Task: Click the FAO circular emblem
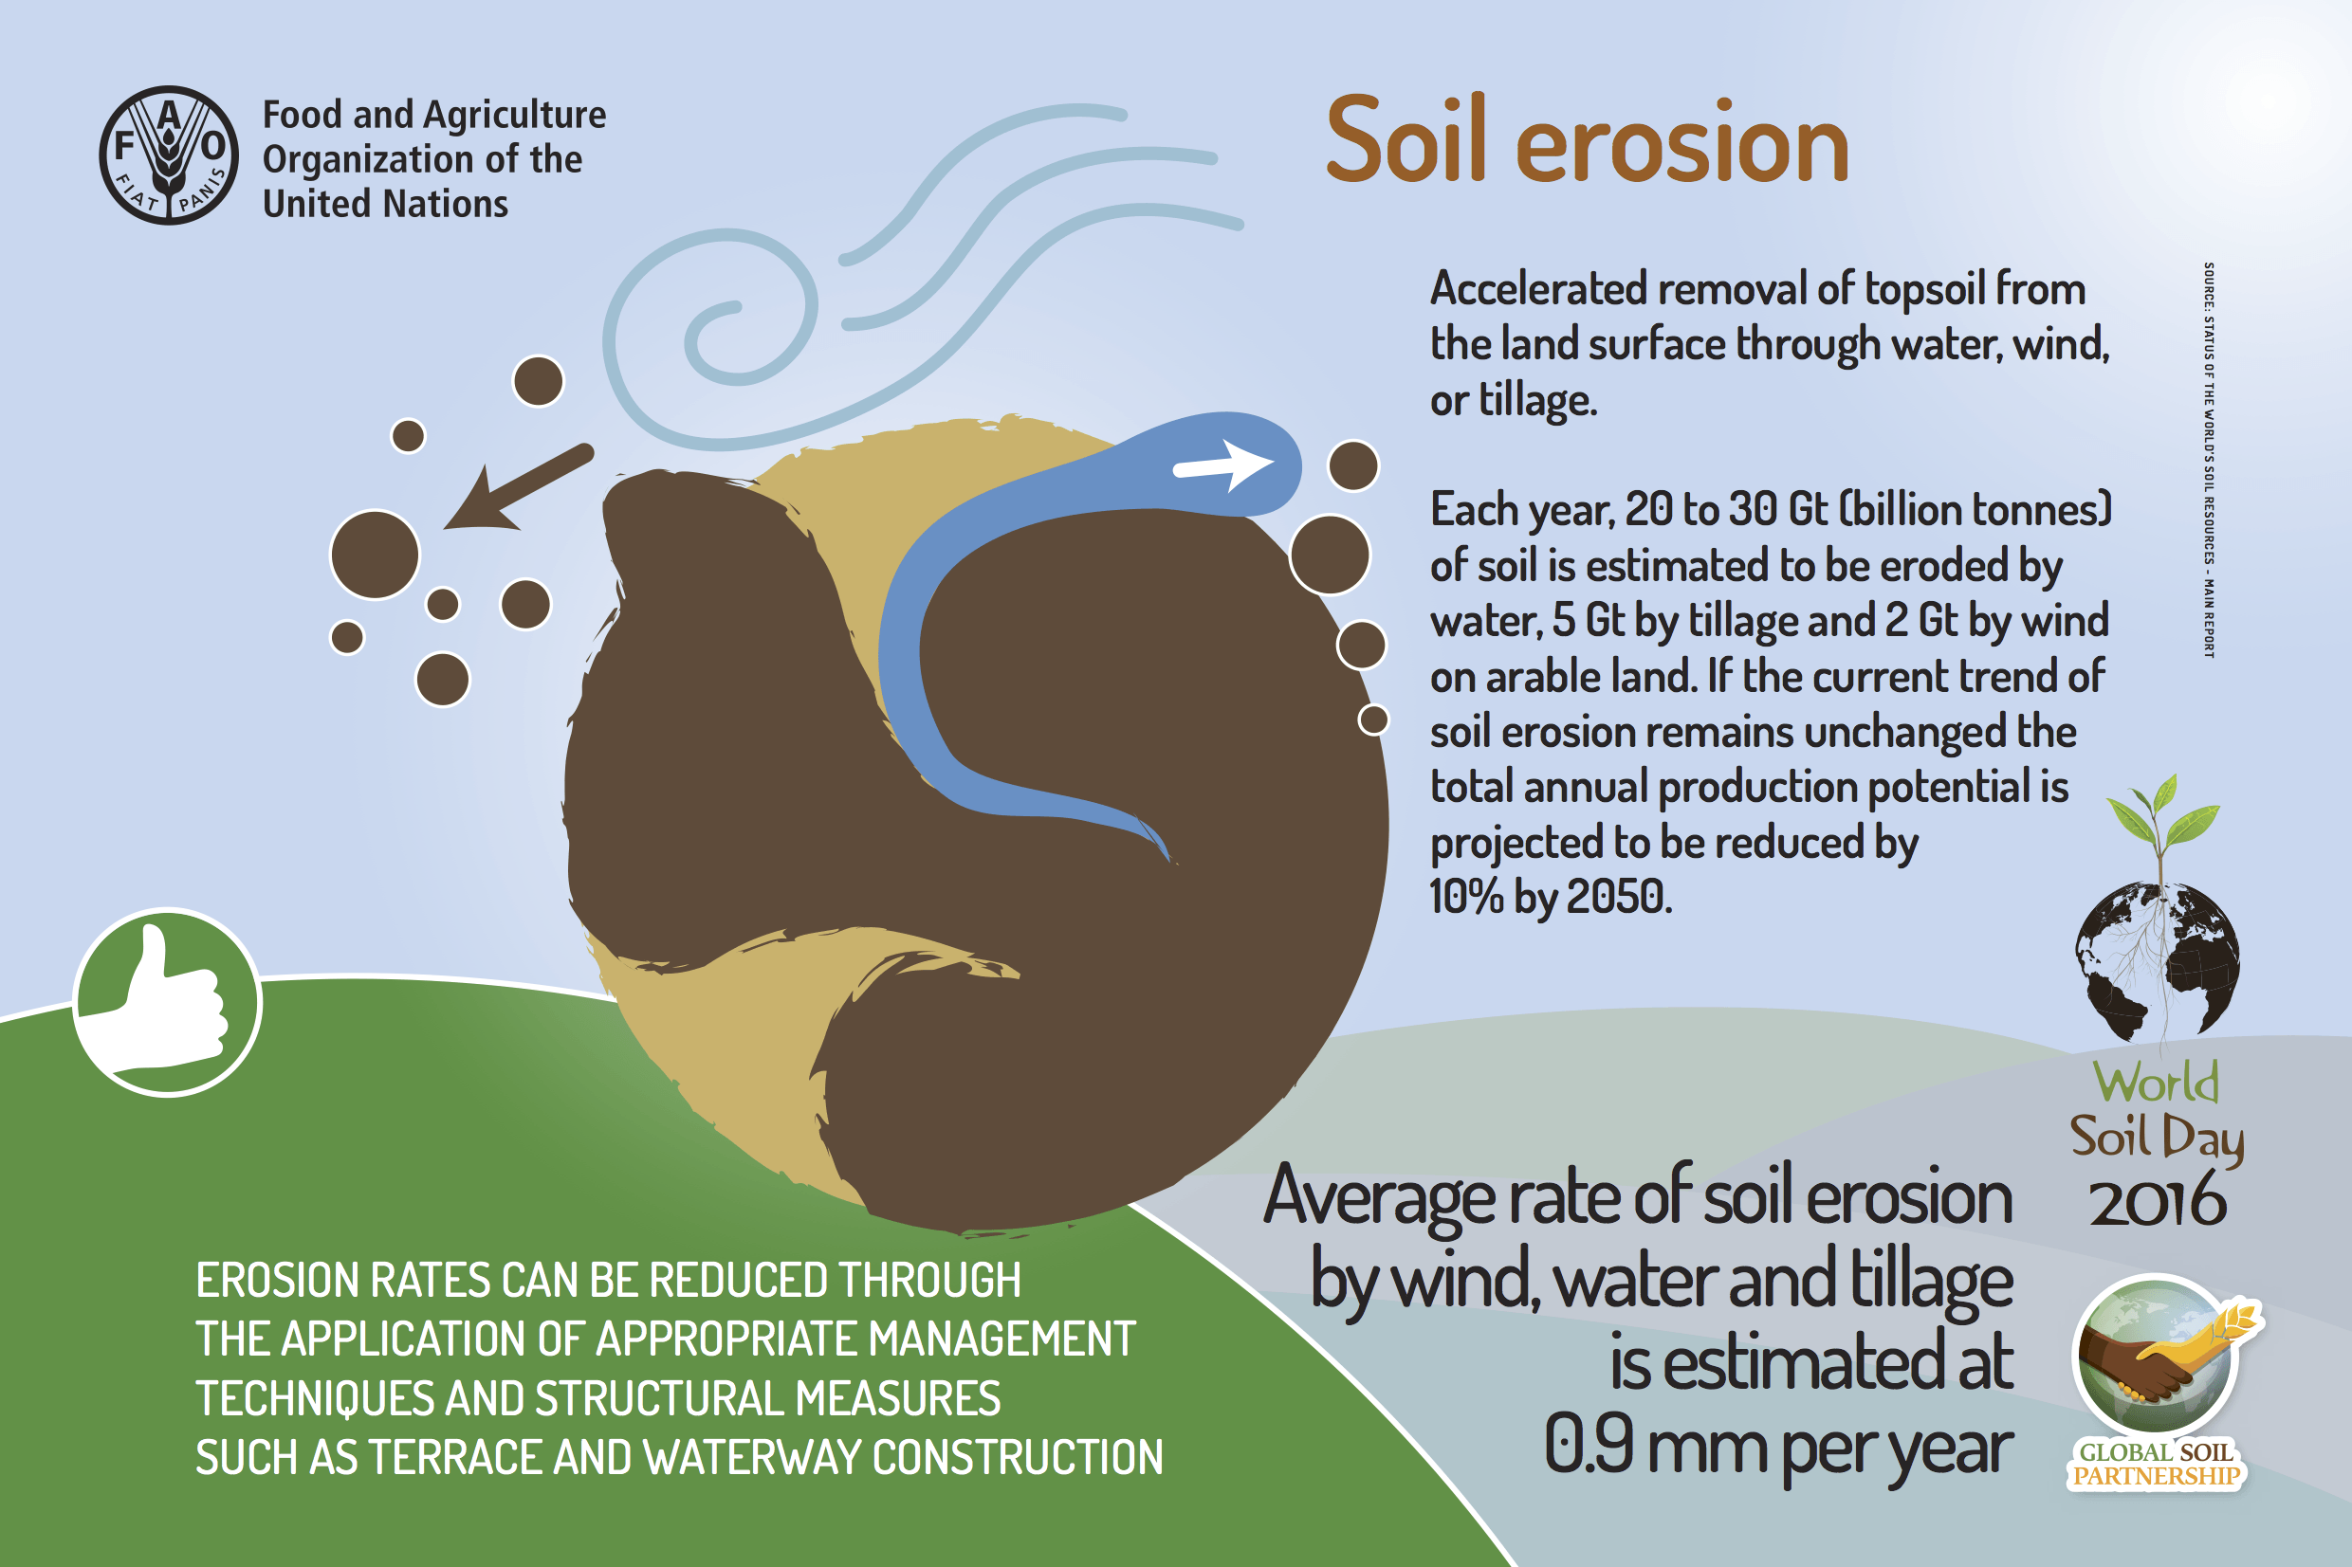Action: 169,155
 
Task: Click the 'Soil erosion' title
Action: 1588,141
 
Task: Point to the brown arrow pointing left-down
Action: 518,487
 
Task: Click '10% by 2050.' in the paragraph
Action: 1551,897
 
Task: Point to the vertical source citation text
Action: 2209,460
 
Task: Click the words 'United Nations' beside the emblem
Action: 386,204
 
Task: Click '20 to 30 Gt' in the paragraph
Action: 1726,510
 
